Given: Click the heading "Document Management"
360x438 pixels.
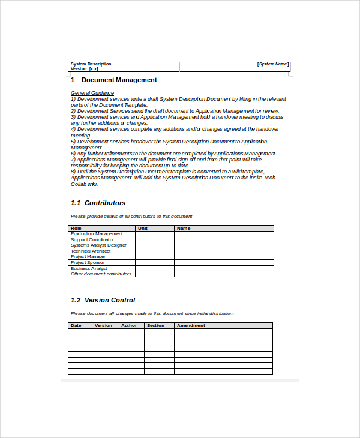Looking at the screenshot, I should tap(119, 80).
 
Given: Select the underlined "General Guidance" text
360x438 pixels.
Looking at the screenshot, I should tap(92, 93).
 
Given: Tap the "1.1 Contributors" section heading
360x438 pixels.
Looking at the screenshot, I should tap(98, 203).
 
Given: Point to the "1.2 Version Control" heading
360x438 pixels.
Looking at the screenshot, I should tap(103, 300).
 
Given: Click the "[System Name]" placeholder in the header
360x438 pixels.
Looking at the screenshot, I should tap(273, 64).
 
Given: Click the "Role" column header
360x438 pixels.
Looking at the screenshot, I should tap(76, 228).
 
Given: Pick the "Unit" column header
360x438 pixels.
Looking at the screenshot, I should tap(143, 228).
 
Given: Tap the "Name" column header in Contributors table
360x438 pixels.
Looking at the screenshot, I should tap(184, 228).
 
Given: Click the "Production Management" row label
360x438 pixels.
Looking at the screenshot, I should tap(97, 234).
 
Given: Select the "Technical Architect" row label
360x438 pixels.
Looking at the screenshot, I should tap(91, 251).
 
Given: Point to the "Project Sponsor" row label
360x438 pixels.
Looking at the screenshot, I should tap(88, 262).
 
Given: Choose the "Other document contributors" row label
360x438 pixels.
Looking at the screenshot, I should tap(101, 274).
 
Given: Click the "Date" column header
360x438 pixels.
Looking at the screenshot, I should tap(76, 326).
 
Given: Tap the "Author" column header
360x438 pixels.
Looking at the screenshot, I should tap(128, 326).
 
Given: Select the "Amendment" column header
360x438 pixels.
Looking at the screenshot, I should tap(191, 326).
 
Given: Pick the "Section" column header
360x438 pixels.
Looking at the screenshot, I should tap(155, 326).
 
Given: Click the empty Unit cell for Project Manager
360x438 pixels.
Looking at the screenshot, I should tap(154, 257).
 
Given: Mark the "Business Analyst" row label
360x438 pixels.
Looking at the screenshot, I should tap(89, 268).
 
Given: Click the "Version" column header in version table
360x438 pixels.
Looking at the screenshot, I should tap(103, 326).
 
